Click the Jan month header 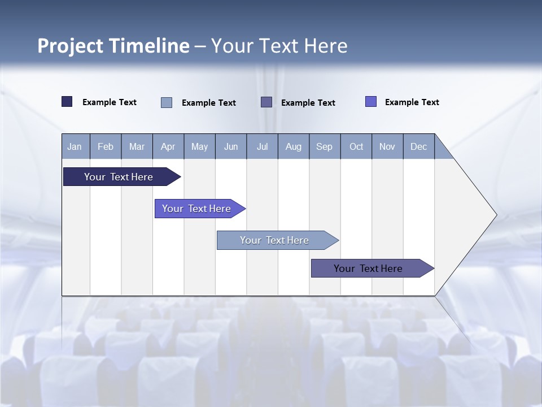(x=75, y=146)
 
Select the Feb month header (x=106, y=146)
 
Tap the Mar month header (x=137, y=146)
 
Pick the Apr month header (x=168, y=146)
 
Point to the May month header (x=199, y=146)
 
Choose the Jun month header (x=231, y=146)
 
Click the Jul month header (x=262, y=146)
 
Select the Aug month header (x=294, y=146)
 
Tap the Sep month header (x=325, y=146)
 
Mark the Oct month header (x=356, y=146)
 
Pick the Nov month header (x=387, y=146)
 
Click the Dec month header (x=419, y=146)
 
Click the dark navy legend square (x=67, y=102)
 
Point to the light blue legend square (x=167, y=102)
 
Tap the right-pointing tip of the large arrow (x=495, y=215)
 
